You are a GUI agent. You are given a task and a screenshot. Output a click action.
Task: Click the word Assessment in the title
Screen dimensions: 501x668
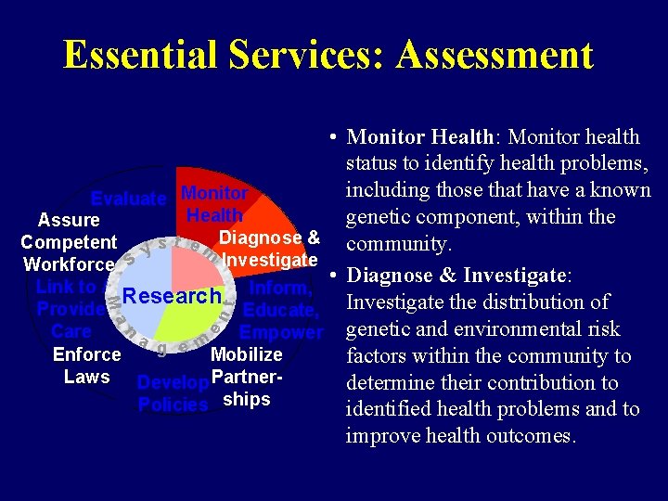[494, 55]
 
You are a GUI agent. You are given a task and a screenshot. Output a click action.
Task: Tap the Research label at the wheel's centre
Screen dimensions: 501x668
[173, 297]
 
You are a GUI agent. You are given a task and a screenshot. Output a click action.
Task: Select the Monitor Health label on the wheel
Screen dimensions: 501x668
[214, 204]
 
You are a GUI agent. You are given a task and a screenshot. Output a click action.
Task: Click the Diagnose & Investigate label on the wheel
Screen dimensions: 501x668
[270, 248]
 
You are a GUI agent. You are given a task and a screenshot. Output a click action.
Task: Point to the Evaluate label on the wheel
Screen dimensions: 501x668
[128, 199]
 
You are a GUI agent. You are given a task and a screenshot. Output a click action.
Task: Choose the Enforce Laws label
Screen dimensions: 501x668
[86, 366]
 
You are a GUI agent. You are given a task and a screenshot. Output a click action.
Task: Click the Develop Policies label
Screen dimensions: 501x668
[173, 393]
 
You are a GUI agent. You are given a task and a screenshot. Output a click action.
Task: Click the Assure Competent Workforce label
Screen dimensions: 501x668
[70, 242]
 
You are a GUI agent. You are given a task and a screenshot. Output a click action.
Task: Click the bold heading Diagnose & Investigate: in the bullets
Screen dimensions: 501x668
[461, 276]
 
